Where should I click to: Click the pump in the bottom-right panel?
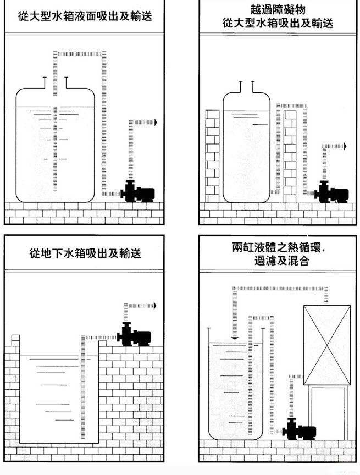[299, 430]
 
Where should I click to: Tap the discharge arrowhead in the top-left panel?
[156, 123]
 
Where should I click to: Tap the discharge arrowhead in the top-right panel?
[346, 146]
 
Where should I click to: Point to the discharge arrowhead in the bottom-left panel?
[156, 306]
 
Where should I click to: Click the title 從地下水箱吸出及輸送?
[85, 254]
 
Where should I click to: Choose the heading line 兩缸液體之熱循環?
[279, 248]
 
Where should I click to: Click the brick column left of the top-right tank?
[212, 156]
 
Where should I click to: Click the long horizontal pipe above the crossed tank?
[280, 288]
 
